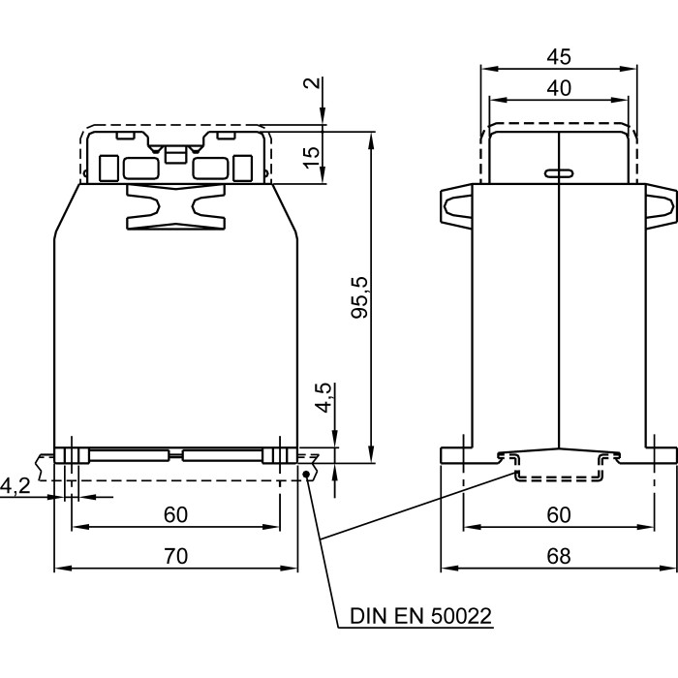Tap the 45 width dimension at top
click(559, 57)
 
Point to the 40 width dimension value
click(559, 88)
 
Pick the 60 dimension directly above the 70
click(175, 514)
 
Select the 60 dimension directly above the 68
click(559, 514)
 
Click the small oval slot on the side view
click(558, 173)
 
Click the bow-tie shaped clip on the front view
click(174, 207)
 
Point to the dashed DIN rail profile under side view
click(559, 471)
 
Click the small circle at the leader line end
click(307, 474)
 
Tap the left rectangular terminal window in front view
click(135, 169)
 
